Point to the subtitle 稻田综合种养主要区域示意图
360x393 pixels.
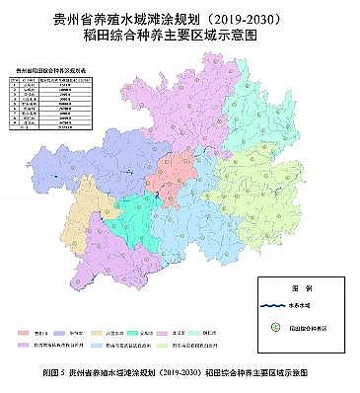[180, 35]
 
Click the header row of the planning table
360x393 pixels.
[53, 78]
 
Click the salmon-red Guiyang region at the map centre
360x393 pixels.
[178, 168]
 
